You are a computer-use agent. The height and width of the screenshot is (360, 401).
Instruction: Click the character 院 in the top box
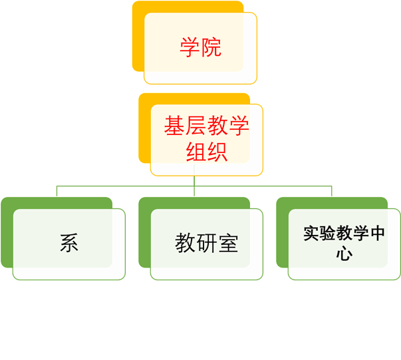pos(211,47)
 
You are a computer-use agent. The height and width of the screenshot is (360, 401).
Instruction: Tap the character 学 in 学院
pos(190,47)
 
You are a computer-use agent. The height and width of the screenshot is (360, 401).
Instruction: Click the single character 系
pos(69,244)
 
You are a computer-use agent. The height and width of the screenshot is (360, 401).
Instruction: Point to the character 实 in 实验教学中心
pos(310,234)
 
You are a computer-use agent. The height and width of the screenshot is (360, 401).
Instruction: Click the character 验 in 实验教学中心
pos(326,234)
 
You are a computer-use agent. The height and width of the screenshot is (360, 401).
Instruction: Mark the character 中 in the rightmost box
pos(376,234)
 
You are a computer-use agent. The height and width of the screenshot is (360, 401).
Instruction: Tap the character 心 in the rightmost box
pos(344,254)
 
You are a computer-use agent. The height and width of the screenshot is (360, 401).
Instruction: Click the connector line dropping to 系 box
pos(57,192)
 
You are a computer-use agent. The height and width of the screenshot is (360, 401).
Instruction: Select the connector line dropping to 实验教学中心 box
pos(331,192)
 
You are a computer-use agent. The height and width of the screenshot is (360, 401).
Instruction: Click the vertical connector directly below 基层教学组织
pos(194,181)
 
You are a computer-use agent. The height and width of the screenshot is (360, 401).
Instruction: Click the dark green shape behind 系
pos(7,233)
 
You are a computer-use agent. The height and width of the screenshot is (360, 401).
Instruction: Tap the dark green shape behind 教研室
pos(144,233)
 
